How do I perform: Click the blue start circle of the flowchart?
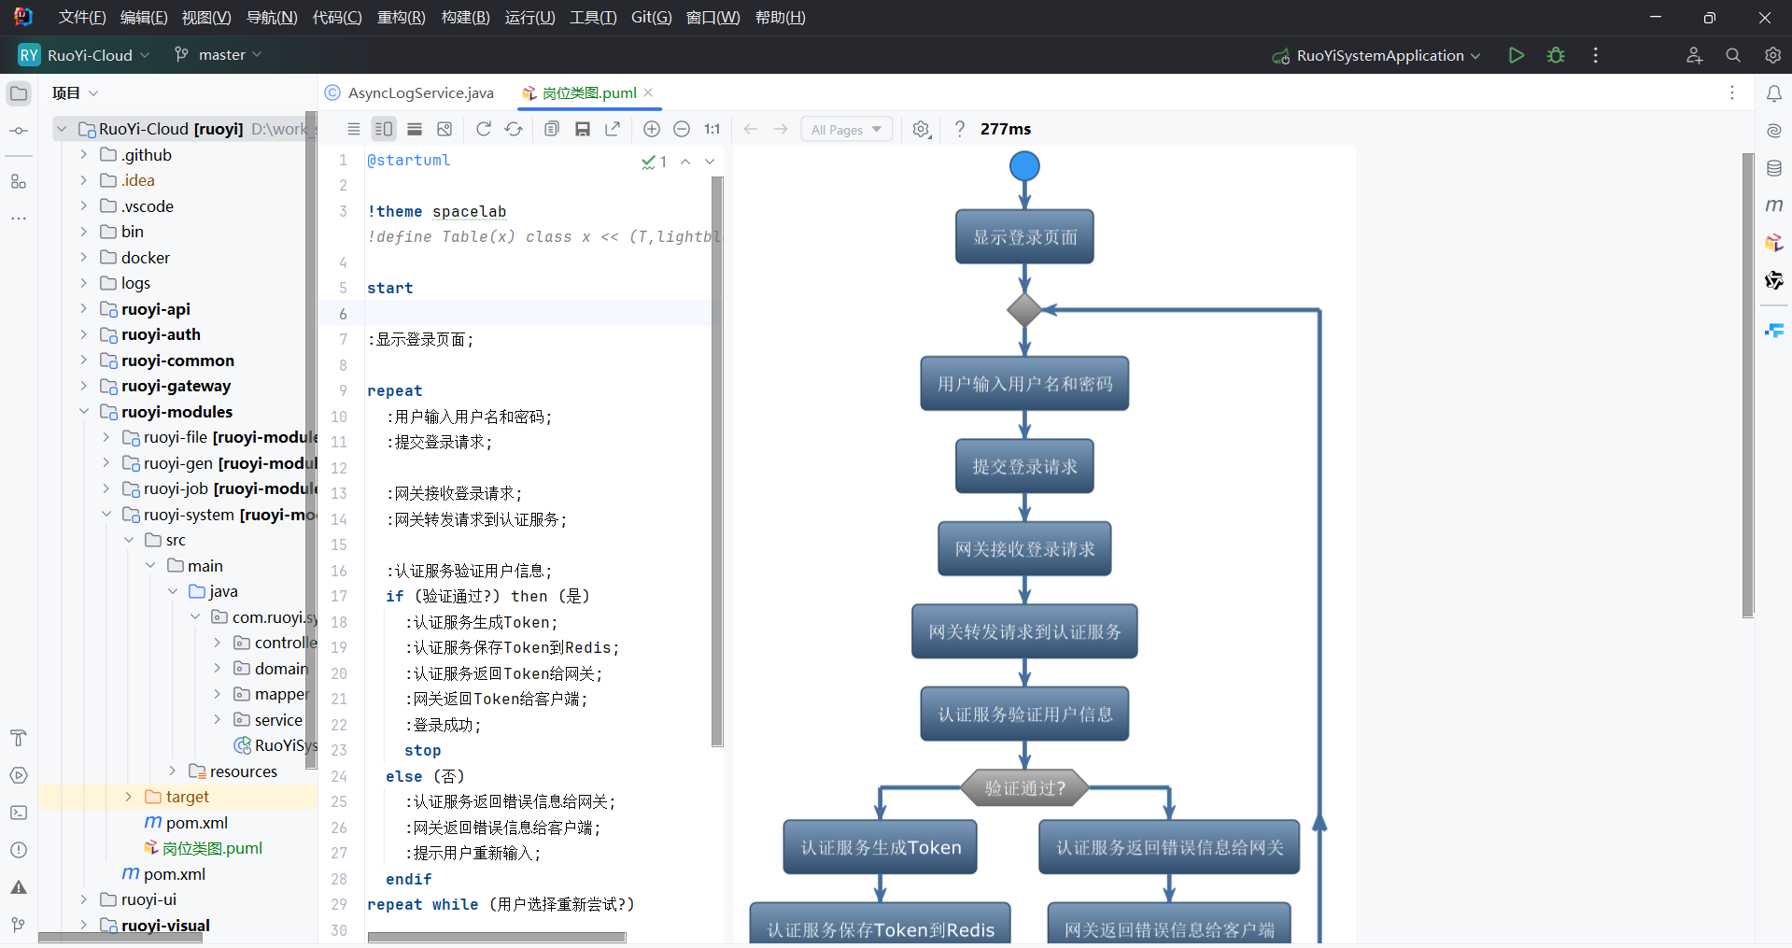pos(1024,166)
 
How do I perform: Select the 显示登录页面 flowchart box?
pos(1024,237)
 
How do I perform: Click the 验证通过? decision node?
pos(1024,788)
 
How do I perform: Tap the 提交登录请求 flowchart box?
pos(1024,466)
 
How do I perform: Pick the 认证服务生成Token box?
pos(880,847)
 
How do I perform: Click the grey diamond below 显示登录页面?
pos(1024,309)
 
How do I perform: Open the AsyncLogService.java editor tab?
pos(420,92)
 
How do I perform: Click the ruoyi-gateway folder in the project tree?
pos(176,386)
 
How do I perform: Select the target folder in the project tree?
pos(187,797)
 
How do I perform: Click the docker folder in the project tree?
pos(145,258)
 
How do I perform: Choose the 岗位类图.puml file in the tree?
pos(212,848)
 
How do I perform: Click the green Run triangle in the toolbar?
pos(1517,55)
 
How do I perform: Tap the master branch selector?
pos(220,55)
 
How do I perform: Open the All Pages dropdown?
pos(846,130)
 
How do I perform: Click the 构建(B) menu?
pos(465,17)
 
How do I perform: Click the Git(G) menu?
pos(651,17)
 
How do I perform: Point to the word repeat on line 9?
pos(394,391)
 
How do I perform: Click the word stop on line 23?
pos(422,751)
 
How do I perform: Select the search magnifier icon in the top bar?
pos(1733,55)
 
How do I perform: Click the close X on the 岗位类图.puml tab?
pos(648,92)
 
